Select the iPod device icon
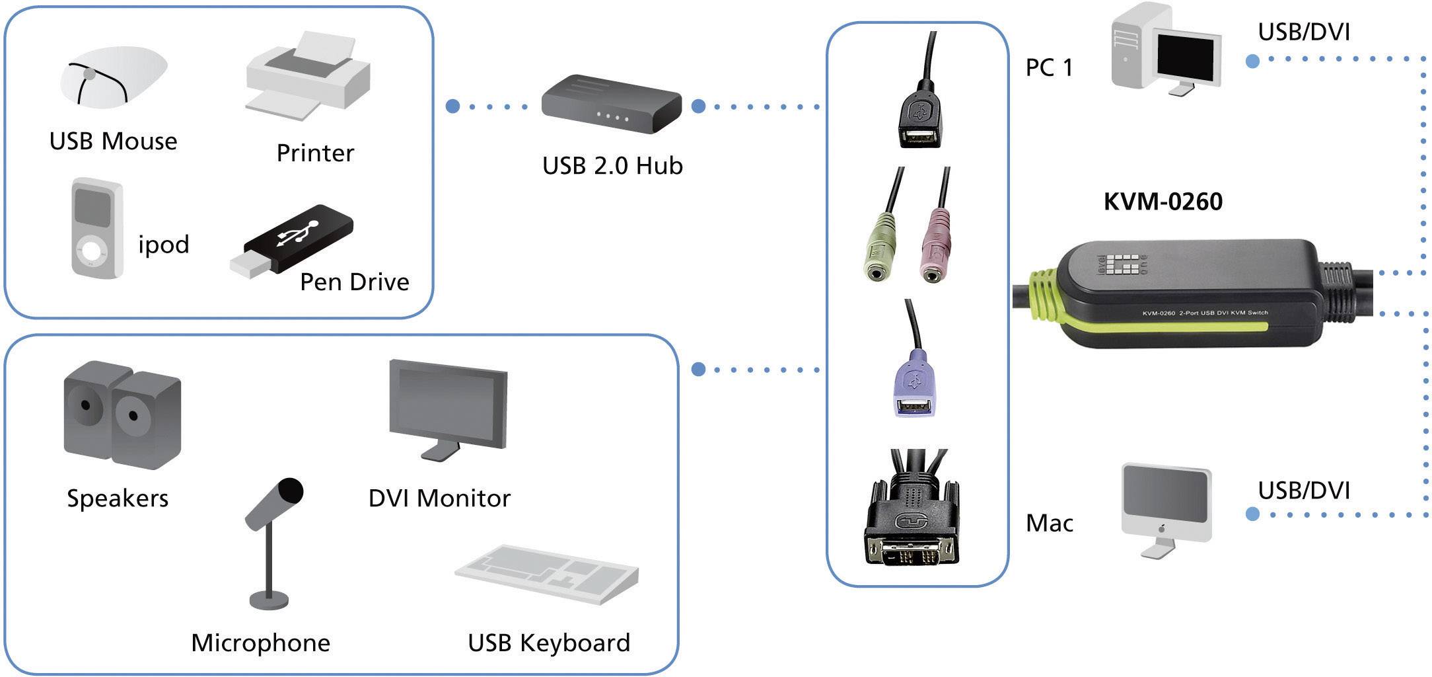click(96, 228)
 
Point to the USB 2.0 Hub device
click(610, 104)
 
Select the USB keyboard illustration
click(547, 573)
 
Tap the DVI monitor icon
click(448, 407)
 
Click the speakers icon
click(122, 415)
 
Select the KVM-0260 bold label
click(1163, 202)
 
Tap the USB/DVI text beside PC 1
click(1303, 32)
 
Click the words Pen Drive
click(354, 282)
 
